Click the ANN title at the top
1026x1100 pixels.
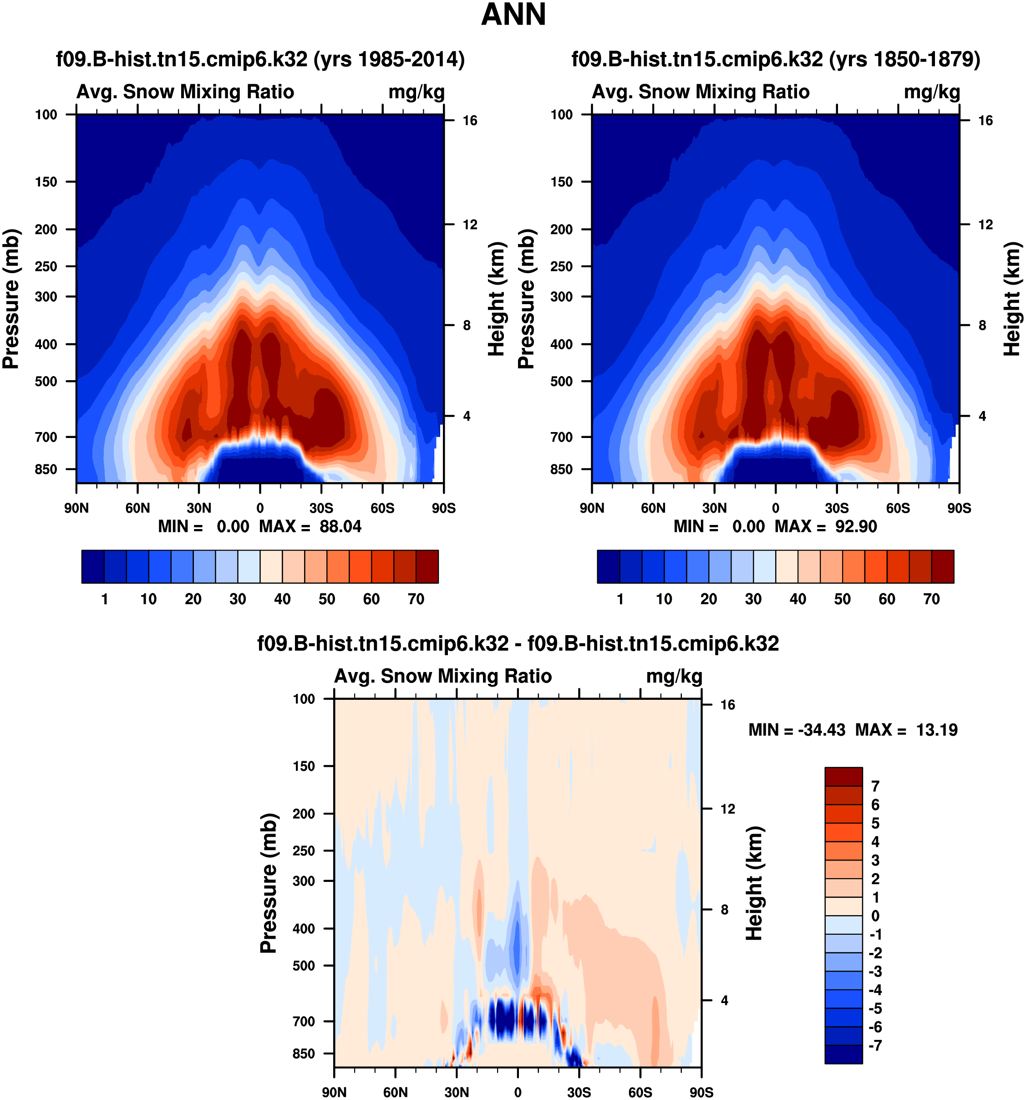513,15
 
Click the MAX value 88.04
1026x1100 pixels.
340,526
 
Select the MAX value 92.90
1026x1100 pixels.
856,526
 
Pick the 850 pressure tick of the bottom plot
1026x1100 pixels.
304,1054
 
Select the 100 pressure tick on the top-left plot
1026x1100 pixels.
46,115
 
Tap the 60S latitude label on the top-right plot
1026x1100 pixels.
898,508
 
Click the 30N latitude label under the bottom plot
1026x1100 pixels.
457,1092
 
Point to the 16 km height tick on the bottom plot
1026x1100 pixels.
727,704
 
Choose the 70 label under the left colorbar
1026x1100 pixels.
416,599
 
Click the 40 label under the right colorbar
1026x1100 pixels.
797,599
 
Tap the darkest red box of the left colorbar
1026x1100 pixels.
427,566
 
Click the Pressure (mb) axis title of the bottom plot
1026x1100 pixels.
268,883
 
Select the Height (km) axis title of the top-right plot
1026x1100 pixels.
1011,299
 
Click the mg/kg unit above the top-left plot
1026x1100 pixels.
416,92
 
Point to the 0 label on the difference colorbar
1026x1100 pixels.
875,916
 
